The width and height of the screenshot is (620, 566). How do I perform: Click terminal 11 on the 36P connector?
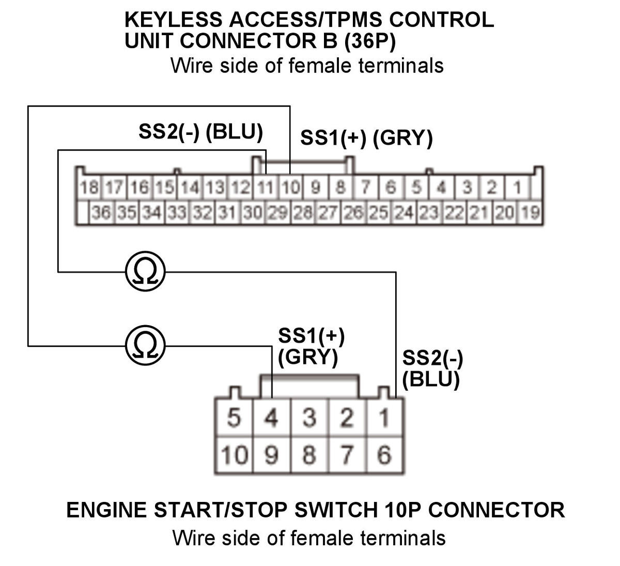click(x=265, y=187)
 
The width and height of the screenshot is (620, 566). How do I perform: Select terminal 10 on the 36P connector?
click(x=291, y=187)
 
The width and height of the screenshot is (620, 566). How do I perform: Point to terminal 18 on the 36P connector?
click(x=89, y=187)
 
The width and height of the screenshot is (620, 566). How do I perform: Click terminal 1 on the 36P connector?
click(x=517, y=187)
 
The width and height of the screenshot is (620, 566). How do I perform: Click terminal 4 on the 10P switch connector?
click(x=271, y=418)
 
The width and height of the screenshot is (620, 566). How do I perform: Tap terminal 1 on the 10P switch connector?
click(x=384, y=418)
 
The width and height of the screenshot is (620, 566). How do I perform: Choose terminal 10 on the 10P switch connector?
click(x=234, y=455)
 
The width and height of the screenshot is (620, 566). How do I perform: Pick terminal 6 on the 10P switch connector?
click(x=384, y=455)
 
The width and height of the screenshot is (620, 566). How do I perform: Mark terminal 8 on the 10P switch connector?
click(x=309, y=455)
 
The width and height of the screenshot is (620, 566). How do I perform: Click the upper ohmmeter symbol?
click(x=145, y=271)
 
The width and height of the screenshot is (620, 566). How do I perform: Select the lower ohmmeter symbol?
click(x=145, y=345)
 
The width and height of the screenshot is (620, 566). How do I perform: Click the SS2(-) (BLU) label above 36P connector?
click(x=200, y=132)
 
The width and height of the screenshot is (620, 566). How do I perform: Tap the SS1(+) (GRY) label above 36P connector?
click(x=366, y=139)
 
